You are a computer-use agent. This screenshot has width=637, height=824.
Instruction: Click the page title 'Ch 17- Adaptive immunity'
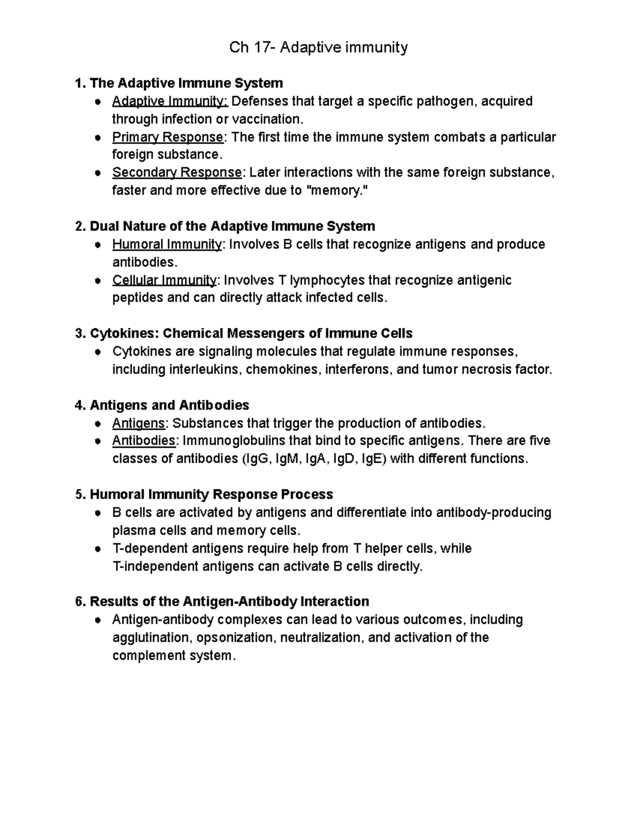(x=318, y=48)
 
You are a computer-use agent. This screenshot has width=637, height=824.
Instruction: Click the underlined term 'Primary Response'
(x=168, y=137)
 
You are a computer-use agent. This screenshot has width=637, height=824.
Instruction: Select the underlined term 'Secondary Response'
(x=177, y=172)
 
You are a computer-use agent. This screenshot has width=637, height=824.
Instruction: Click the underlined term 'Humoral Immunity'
(x=167, y=244)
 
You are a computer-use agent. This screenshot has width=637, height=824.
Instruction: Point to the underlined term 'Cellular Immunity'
(x=164, y=280)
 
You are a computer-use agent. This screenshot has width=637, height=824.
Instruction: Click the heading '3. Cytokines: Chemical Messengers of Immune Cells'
(x=244, y=333)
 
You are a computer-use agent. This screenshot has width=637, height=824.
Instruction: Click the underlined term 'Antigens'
(x=139, y=423)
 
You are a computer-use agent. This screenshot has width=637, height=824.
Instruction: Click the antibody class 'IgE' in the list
(x=371, y=458)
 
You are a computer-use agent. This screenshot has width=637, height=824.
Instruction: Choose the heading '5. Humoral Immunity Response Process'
(x=204, y=495)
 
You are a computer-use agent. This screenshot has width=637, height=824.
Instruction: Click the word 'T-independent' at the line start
(x=156, y=566)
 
